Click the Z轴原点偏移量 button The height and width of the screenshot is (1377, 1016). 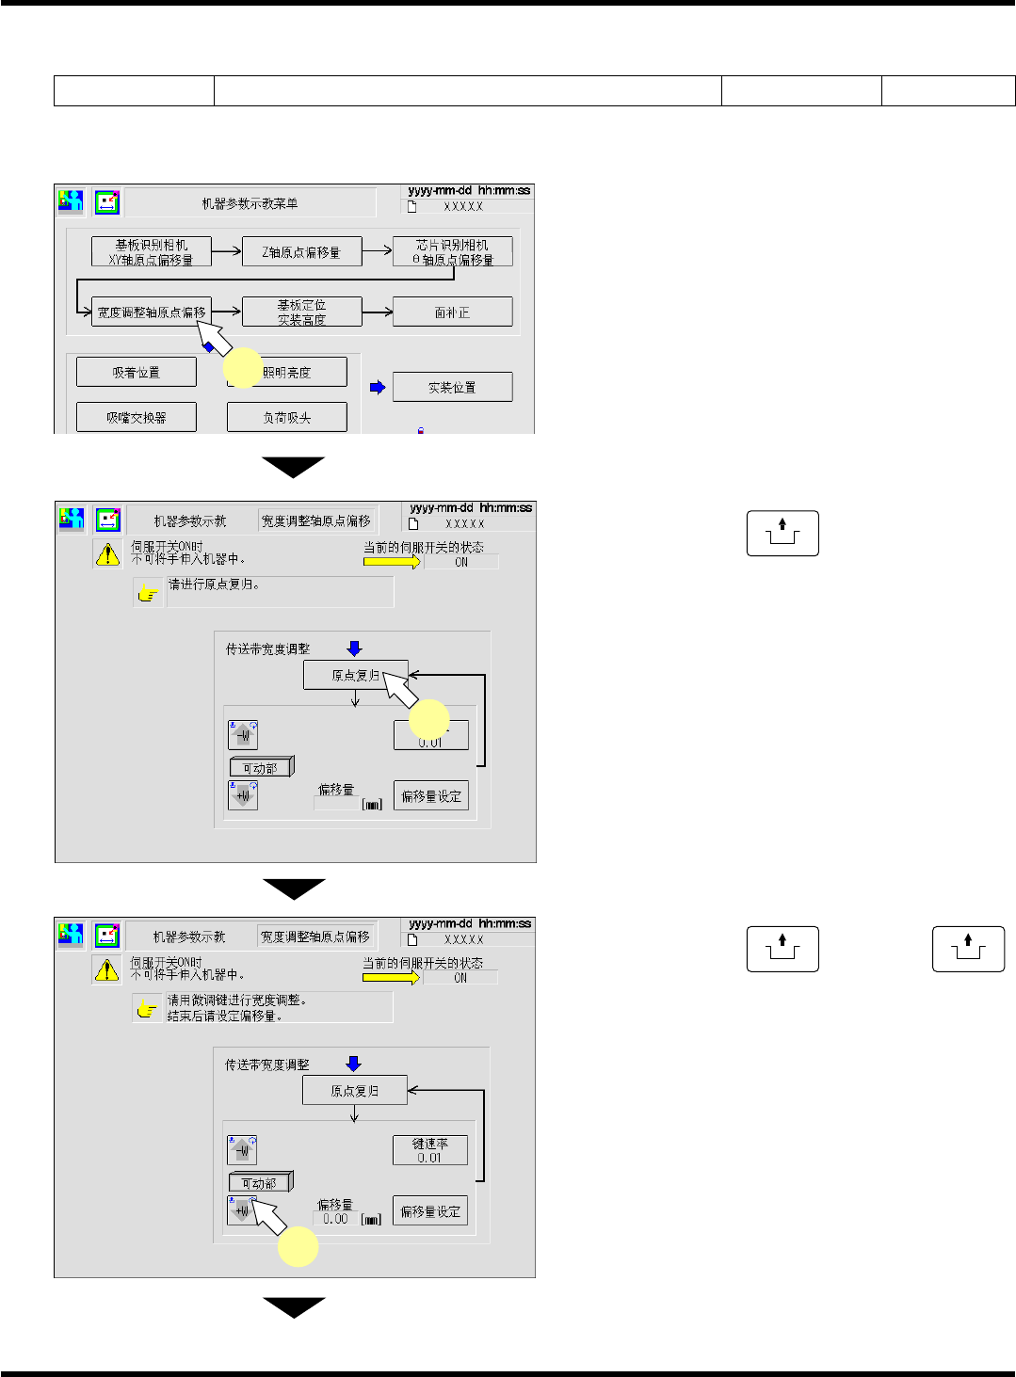(x=301, y=252)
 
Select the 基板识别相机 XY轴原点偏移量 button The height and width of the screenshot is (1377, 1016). (x=151, y=252)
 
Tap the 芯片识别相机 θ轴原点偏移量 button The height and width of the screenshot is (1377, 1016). (x=452, y=252)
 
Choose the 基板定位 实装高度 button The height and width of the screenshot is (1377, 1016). (x=301, y=312)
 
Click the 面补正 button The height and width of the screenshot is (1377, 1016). (x=452, y=312)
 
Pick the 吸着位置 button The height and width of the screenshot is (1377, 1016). (x=137, y=373)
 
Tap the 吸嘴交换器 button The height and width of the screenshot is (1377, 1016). (x=137, y=417)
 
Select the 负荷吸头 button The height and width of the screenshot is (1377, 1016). (x=287, y=417)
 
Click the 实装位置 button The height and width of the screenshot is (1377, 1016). (x=452, y=387)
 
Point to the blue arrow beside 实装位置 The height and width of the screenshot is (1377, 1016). (x=378, y=387)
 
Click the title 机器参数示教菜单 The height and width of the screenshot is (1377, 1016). (x=250, y=203)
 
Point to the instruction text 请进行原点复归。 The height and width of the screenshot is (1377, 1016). (x=214, y=584)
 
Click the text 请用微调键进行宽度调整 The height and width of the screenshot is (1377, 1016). (x=236, y=1001)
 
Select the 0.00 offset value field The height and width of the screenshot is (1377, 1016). (x=335, y=1219)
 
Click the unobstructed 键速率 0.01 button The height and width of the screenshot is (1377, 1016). (x=429, y=1150)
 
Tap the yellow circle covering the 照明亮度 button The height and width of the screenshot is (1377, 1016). (x=243, y=368)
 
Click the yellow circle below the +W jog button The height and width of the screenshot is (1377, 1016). (x=298, y=1247)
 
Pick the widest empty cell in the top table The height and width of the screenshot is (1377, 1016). (x=467, y=90)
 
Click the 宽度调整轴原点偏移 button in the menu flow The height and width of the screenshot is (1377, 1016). (x=151, y=312)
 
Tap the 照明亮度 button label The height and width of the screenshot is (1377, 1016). (x=287, y=373)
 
